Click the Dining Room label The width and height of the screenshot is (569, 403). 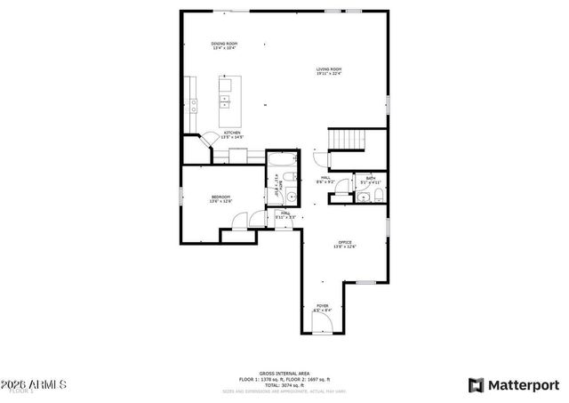[224, 45]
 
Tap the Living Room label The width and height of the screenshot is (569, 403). [328, 71]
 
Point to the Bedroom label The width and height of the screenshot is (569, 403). [220, 198]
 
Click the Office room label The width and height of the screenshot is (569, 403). [345, 245]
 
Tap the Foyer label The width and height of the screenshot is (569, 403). [322, 308]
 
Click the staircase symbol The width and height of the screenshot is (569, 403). [349, 140]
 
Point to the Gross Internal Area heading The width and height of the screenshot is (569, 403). [284, 375]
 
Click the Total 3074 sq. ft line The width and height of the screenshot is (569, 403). [284, 385]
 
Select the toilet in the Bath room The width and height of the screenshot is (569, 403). [378, 195]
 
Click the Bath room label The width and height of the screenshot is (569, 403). [370, 181]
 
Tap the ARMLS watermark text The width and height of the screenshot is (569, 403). [35, 384]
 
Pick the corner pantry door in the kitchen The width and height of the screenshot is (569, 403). [206, 139]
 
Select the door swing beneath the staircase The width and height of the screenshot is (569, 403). [318, 159]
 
